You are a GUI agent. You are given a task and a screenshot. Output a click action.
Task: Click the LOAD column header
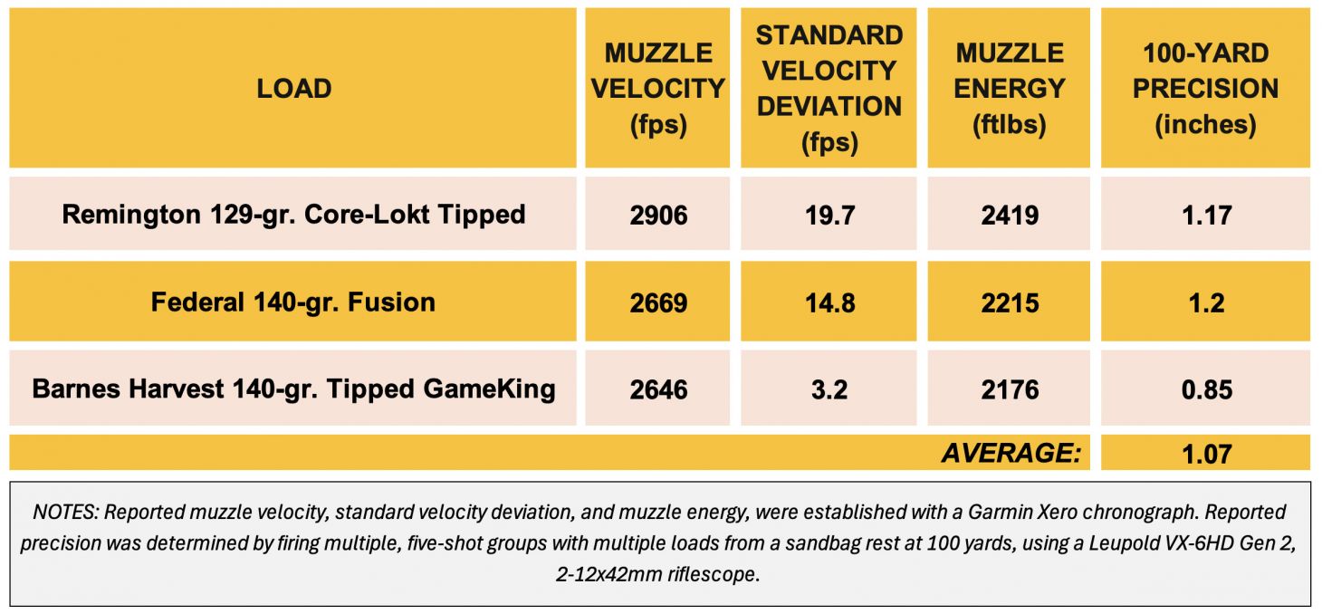(293, 89)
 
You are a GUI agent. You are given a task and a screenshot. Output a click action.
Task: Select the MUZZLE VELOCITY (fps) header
(658, 89)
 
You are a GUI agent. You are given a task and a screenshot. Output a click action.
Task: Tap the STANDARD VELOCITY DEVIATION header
(829, 89)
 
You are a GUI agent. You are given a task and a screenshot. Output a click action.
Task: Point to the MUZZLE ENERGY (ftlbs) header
(1010, 89)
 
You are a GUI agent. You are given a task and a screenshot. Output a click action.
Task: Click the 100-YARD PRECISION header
(1205, 89)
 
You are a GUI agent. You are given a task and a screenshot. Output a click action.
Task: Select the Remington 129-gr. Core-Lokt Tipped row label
(293, 215)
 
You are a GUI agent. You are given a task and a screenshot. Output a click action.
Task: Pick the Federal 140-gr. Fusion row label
(293, 302)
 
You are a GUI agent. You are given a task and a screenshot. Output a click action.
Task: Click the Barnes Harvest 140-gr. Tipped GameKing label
(293, 389)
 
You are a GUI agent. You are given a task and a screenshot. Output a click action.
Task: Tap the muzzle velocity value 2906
(658, 216)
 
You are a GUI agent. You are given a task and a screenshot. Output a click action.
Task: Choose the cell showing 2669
(658, 302)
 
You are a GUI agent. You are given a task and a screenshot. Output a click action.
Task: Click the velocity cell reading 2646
(658, 389)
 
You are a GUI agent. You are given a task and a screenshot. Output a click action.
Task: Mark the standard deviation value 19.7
(829, 216)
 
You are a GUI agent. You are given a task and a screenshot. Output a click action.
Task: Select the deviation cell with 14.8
(829, 302)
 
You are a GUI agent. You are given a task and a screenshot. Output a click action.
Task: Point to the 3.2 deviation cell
(829, 389)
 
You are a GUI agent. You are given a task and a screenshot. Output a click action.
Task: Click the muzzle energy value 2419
(1010, 216)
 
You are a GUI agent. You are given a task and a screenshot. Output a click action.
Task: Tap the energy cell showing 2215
(1010, 302)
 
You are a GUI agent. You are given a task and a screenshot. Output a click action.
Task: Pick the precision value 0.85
(1205, 389)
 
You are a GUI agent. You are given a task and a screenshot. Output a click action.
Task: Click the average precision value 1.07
(1205, 453)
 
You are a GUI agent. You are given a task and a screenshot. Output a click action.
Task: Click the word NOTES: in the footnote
(65, 513)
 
